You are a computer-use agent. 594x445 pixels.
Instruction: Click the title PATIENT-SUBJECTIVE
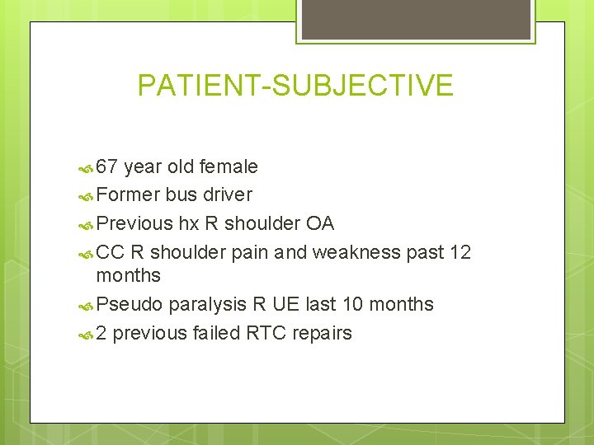295,86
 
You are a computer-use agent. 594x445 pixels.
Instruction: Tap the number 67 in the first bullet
107,167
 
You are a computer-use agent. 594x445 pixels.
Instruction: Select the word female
229,167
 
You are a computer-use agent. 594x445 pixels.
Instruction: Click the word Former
128,195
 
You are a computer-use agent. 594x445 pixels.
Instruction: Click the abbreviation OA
320,223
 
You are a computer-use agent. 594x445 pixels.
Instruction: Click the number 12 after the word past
460,252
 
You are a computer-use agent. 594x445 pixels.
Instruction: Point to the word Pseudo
130,305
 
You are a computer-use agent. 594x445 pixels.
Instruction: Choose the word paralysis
207,305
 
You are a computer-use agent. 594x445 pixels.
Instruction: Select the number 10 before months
350,304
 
